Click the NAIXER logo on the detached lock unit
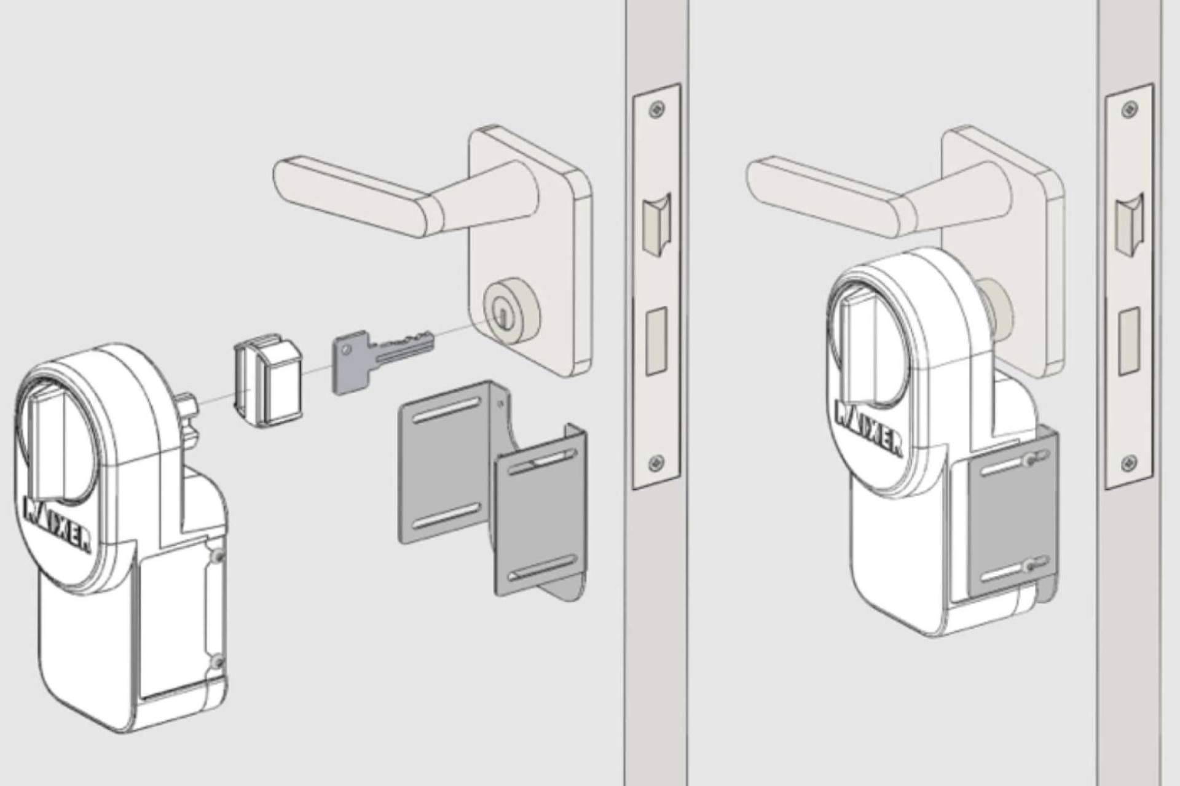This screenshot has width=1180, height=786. click(x=57, y=522)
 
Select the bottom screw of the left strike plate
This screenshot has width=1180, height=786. click(x=658, y=461)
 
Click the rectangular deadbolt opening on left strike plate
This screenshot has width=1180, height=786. click(x=656, y=341)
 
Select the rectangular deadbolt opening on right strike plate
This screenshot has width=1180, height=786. click(x=1129, y=341)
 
